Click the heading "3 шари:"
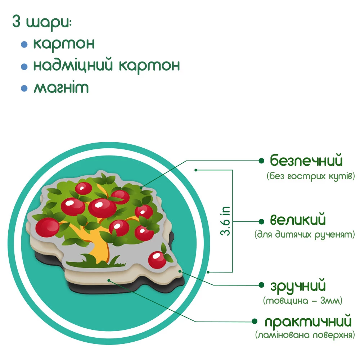[42, 22]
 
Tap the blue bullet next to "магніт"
[24, 88]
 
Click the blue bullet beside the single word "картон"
[24, 45]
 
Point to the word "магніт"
[61, 88]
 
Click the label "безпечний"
[306, 161]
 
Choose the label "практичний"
[308, 321]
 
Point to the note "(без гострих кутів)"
[311, 176]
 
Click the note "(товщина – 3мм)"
[302, 300]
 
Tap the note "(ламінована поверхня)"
[305, 335]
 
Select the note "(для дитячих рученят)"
[305, 235]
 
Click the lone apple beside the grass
[157, 259]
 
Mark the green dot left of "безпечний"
[261, 160]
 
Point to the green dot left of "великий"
[261, 220]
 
